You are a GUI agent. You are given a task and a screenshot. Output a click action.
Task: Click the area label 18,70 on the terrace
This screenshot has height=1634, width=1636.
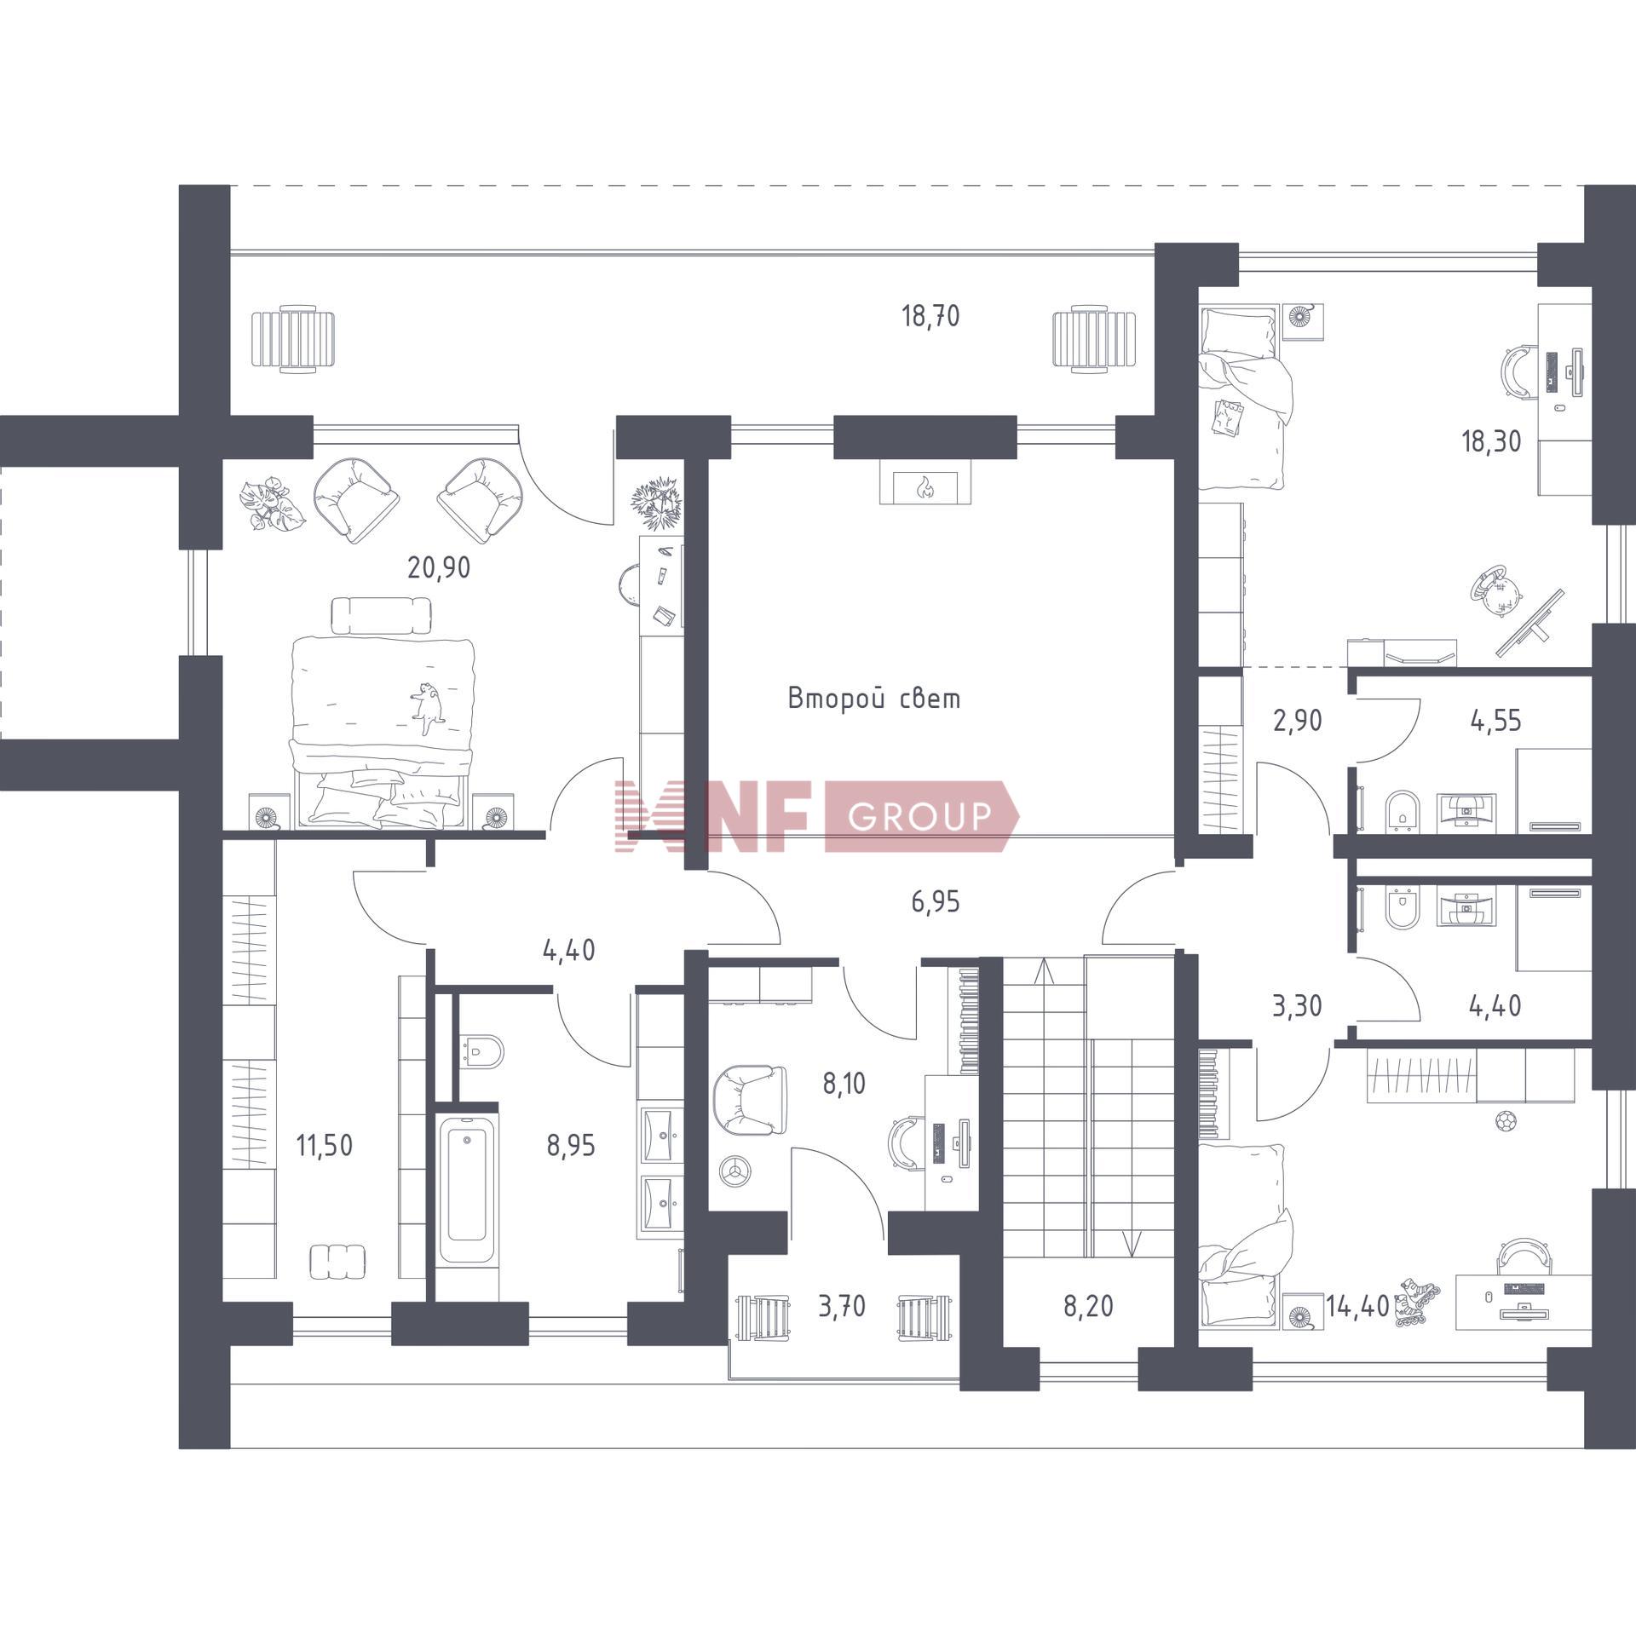930,317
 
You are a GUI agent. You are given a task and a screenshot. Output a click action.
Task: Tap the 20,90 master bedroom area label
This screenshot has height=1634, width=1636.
439,567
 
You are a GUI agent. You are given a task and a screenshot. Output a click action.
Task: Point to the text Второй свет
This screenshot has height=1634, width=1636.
874,699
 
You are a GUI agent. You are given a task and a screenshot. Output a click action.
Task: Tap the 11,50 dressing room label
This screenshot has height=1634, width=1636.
324,1146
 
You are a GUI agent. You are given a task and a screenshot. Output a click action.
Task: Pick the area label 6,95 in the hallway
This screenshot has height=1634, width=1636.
936,901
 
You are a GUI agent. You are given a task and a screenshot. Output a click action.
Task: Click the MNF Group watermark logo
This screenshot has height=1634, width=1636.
816,816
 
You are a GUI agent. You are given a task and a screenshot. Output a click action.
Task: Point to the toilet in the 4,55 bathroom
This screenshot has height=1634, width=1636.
1402,809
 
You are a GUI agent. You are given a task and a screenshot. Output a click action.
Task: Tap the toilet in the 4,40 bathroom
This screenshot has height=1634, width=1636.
1402,908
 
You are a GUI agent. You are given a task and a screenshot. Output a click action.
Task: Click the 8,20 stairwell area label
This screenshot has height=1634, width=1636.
1088,1306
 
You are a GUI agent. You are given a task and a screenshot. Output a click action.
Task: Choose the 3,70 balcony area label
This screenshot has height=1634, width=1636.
842,1306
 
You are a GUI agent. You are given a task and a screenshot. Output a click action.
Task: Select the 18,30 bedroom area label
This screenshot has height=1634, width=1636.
1491,441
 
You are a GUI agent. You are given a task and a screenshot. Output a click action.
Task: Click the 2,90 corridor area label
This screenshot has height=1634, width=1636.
1297,721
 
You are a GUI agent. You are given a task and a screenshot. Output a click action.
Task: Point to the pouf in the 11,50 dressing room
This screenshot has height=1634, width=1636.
338,1261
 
